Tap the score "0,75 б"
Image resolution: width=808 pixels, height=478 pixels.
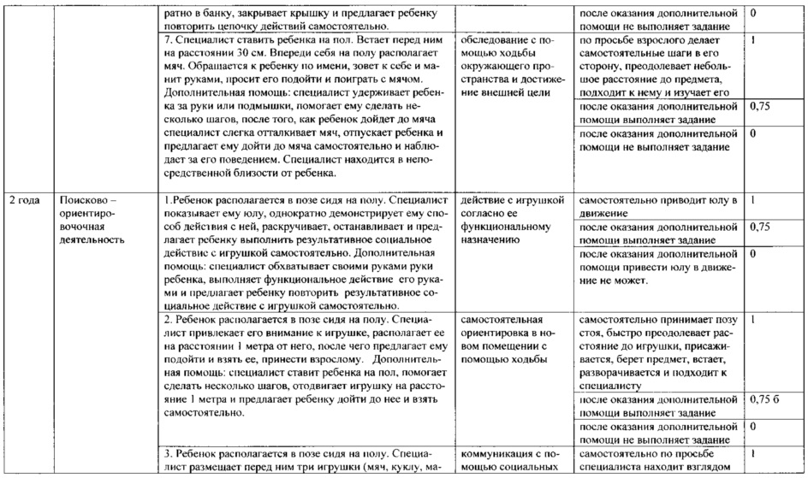763,399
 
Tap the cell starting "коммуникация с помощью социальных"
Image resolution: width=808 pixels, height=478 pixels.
511,461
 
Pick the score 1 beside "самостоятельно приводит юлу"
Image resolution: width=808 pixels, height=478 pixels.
752,200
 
